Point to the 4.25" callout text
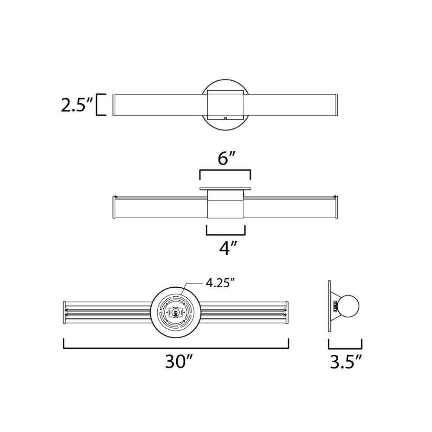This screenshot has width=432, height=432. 220,283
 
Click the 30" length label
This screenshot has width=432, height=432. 178,361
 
